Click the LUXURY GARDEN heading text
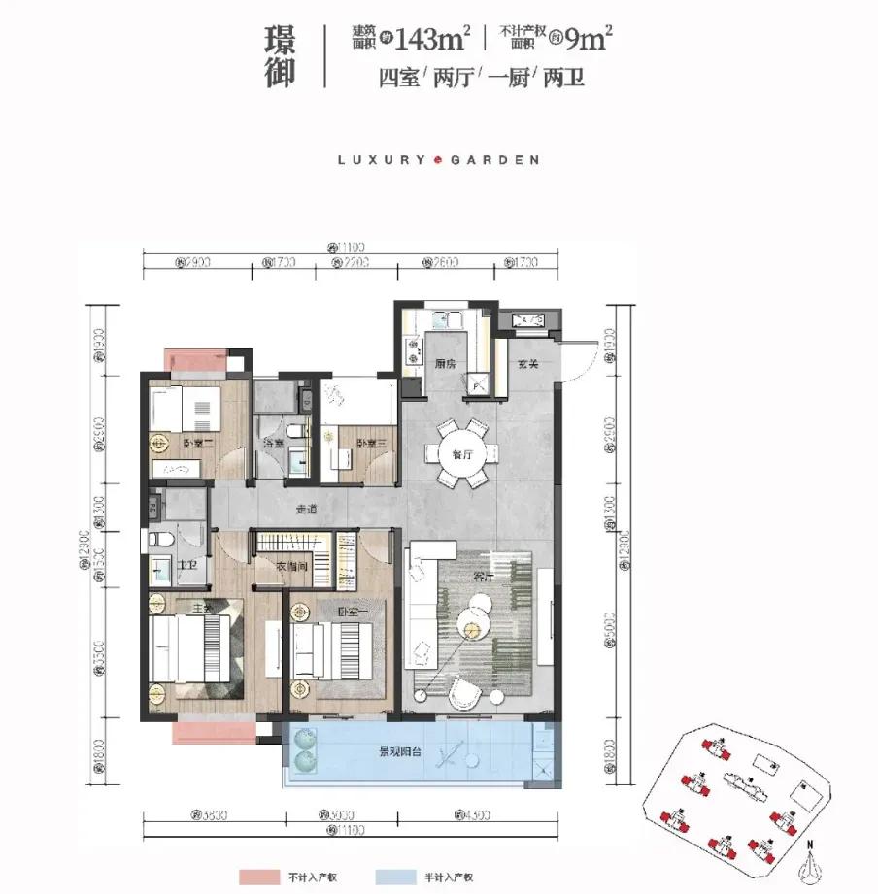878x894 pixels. [x=438, y=159]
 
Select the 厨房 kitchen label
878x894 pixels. [x=445, y=364]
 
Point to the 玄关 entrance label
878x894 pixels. [x=526, y=364]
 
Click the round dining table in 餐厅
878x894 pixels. [x=461, y=452]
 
